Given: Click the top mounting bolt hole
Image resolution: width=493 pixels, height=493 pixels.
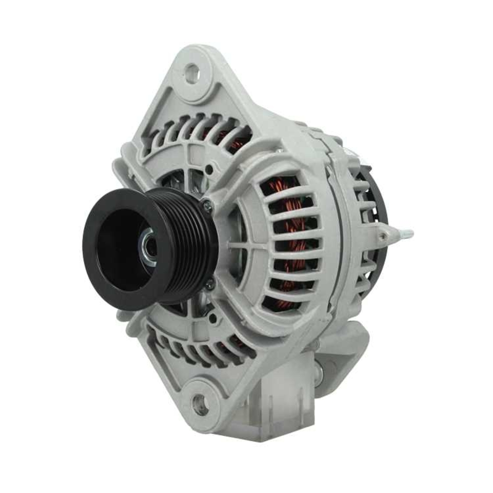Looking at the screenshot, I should coord(191,73).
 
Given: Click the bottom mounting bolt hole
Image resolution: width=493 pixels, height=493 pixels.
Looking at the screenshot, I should coord(199,405).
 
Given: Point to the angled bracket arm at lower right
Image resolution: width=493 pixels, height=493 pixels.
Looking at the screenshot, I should coord(345,345).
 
